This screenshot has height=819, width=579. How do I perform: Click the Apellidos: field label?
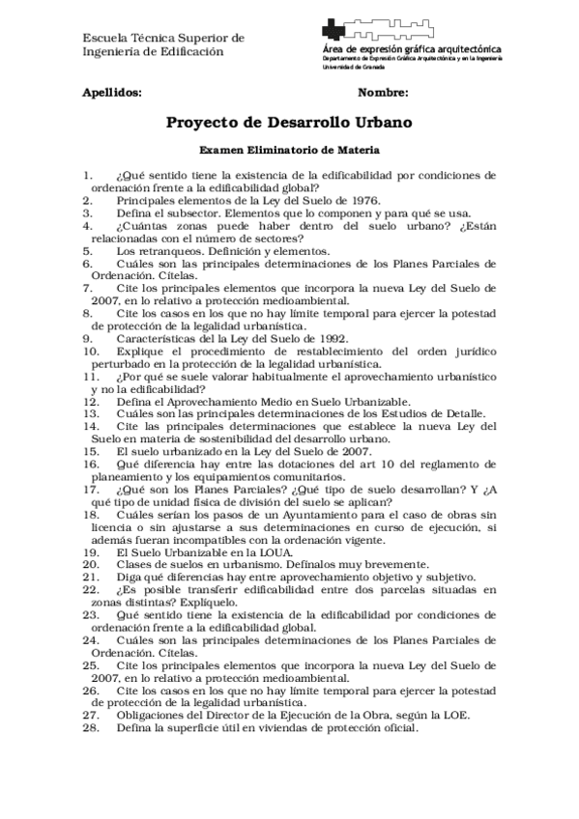[x=112, y=93]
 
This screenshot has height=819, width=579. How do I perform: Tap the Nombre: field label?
[x=383, y=93]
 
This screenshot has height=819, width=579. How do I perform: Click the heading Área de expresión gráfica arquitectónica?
[x=411, y=47]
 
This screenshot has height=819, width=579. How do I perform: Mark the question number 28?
[x=91, y=728]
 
